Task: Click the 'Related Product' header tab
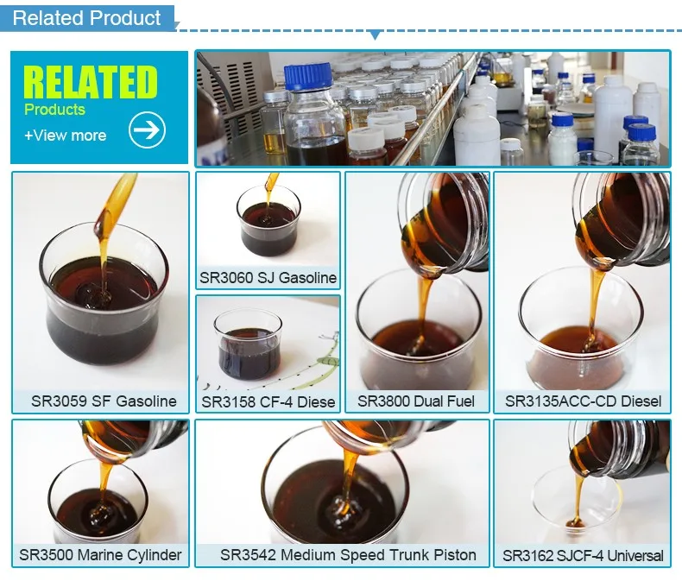click(86, 17)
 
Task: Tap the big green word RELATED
click(91, 81)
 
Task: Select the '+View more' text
click(65, 136)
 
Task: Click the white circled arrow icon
click(147, 130)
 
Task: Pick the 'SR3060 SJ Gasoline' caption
click(268, 277)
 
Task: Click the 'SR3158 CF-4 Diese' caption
click(268, 401)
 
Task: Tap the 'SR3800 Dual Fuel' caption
click(418, 401)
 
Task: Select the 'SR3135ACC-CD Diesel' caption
click(583, 401)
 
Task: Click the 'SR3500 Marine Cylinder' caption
click(100, 554)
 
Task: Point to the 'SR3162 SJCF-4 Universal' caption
click(583, 555)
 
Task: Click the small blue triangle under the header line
click(374, 35)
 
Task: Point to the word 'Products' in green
click(54, 110)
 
